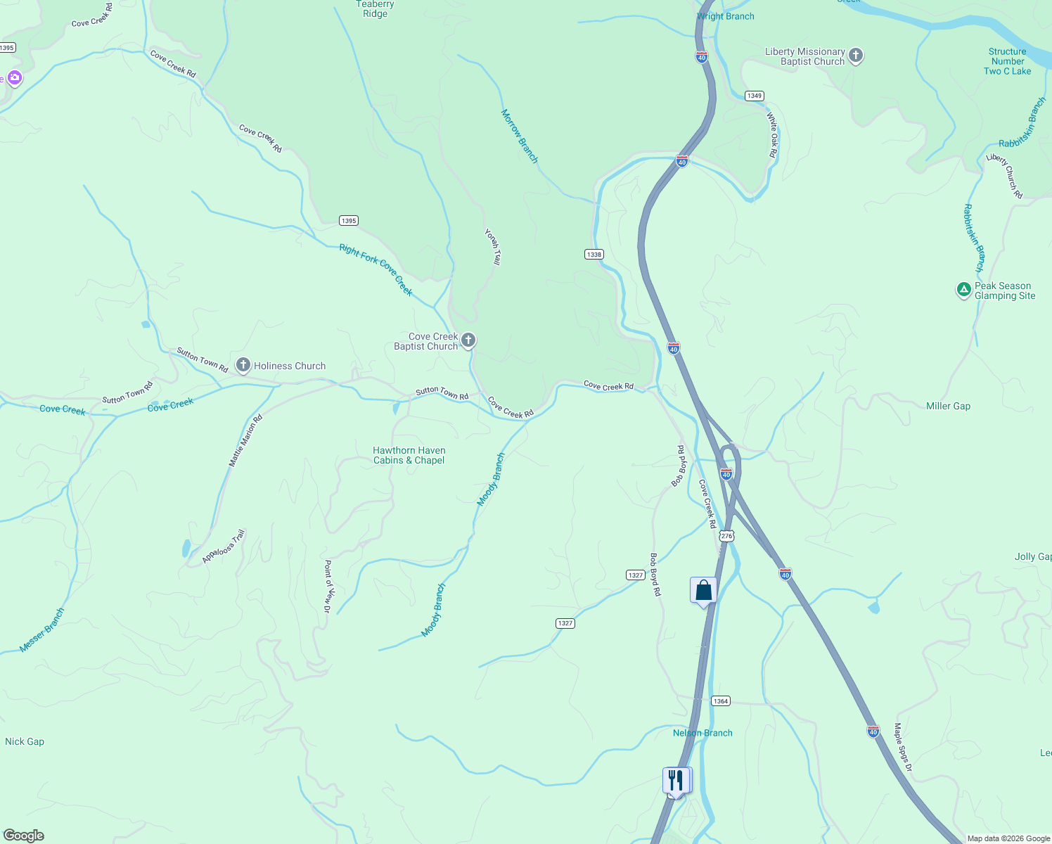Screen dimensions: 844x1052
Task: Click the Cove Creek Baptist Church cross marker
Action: (468, 340)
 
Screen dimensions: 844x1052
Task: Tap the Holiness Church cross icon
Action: (243, 365)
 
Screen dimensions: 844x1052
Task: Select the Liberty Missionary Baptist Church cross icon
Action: (856, 56)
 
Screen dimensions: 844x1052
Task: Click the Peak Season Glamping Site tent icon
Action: (963, 289)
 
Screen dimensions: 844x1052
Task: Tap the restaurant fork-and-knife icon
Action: (675, 780)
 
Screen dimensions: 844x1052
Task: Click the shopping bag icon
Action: (703, 590)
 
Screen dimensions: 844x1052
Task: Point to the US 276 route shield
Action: (726, 536)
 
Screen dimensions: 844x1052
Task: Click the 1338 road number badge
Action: (594, 254)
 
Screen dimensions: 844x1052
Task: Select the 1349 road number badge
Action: (755, 96)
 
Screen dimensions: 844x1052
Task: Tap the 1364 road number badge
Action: (721, 701)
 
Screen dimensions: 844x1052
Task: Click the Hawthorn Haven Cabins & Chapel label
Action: (409, 455)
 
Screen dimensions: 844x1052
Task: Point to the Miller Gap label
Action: (948, 406)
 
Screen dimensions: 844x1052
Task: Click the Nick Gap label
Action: (25, 741)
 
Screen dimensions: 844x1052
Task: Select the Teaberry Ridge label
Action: (376, 9)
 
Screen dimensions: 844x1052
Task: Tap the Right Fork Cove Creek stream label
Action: (376, 269)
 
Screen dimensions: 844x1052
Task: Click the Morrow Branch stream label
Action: (520, 136)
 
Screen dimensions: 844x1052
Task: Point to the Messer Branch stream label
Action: (41, 630)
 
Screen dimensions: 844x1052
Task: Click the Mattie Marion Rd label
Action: (245, 441)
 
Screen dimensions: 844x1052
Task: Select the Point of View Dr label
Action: (327, 587)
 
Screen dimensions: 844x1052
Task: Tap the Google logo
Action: (24, 836)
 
